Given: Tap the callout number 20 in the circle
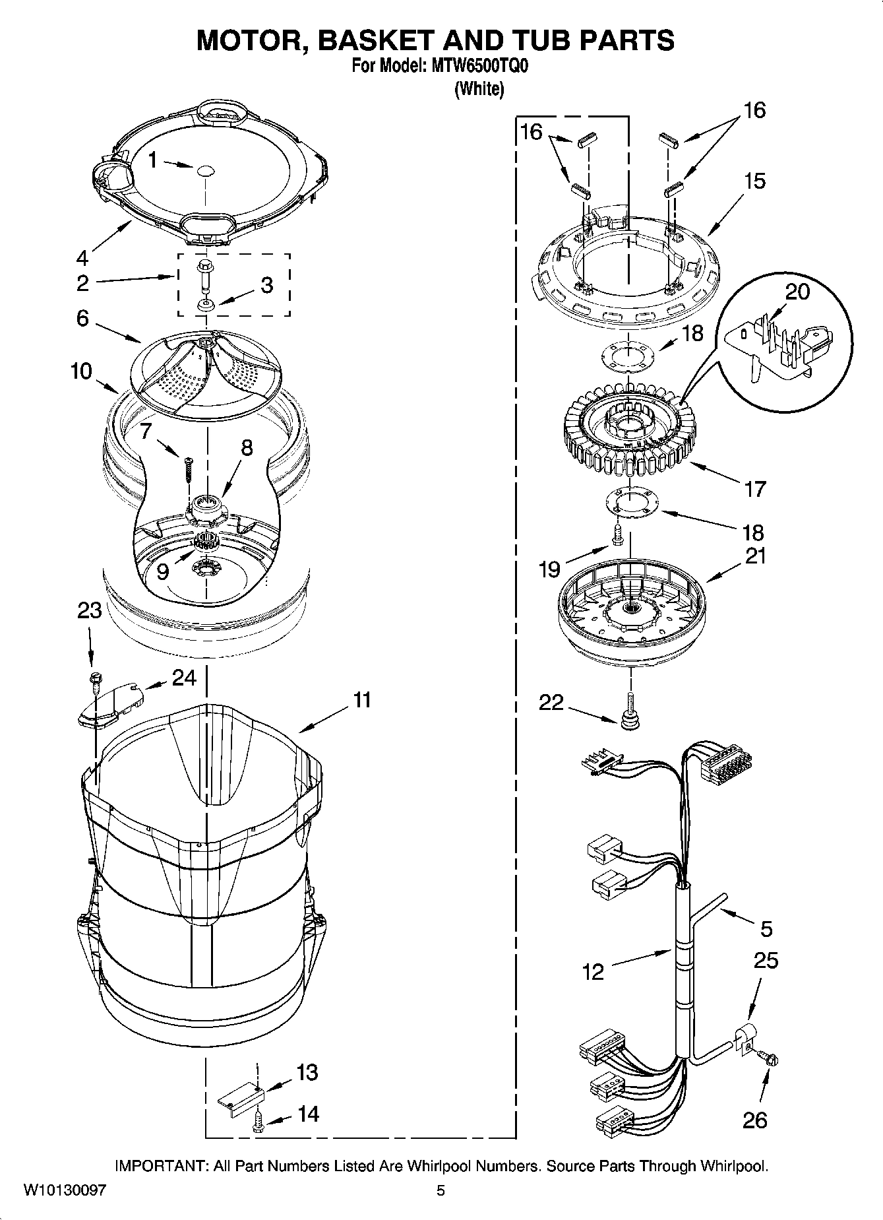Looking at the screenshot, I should [x=797, y=291].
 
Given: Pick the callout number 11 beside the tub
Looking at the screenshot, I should [x=362, y=699].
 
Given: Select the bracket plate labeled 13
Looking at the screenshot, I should [x=241, y=1097].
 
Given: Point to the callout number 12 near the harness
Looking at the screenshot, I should [x=593, y=971].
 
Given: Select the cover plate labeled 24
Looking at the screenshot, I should [x=109, y=705].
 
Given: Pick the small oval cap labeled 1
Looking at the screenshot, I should [x=205, y=170].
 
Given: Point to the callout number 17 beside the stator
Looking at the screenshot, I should [x=754, y=489].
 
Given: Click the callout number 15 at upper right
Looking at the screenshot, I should [x=754, y=181].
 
